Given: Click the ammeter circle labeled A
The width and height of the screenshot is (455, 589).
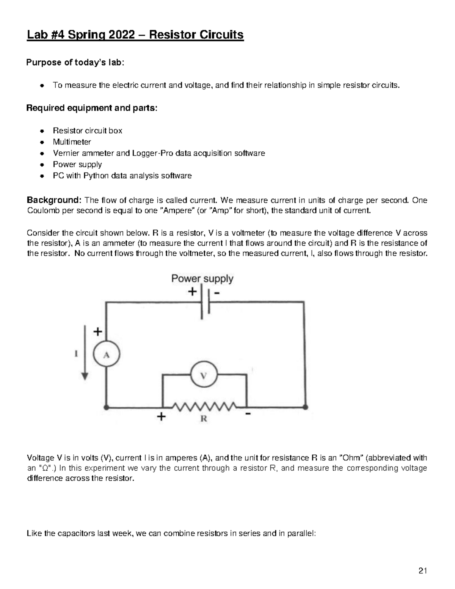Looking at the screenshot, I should tap(107, 355).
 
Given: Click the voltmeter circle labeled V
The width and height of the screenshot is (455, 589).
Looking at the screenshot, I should tap(204, 375).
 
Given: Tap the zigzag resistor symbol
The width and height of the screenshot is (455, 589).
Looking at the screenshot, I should tap(205, 407).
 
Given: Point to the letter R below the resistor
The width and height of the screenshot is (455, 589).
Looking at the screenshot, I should tap(204, 419).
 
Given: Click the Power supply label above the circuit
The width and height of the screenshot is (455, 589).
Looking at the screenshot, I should tap(202, 279).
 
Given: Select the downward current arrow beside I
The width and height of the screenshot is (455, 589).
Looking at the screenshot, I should tap(85, 353).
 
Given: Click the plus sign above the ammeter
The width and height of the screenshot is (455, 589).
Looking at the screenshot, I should tap(98, 332).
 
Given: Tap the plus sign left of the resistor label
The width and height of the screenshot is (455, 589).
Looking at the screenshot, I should tap(161, 417).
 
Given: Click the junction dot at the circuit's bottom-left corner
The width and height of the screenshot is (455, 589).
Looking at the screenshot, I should tap(107, 407).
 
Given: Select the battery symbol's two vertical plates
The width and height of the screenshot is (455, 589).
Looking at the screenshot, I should tap(205, 302).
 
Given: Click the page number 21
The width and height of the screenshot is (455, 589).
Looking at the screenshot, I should tap(423, 571).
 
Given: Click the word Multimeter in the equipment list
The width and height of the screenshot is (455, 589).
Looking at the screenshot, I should tap(72, 142).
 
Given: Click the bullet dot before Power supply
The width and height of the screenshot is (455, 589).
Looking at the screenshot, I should tap(42, 165).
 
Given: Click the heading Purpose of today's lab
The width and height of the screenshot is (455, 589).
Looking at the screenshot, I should tap(75, 63).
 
